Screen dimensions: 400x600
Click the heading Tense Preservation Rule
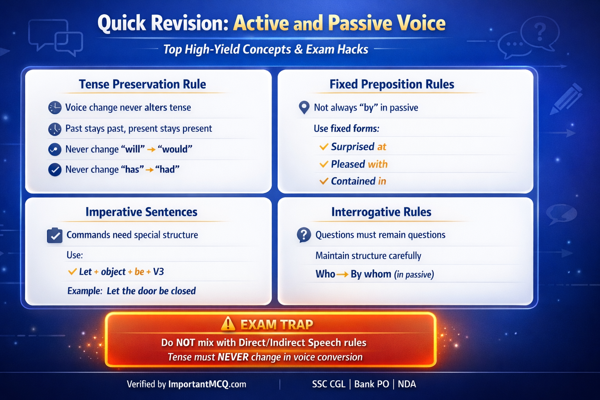pos(142,84)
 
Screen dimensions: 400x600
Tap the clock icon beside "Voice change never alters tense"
pos(55,107)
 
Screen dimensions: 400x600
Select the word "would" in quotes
pos(175,149)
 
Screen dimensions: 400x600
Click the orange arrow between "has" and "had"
pos(149,170)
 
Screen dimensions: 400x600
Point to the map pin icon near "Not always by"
pos(304,107)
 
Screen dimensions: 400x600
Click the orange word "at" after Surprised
pos(382,147)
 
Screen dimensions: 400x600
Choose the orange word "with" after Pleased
pos(378,164)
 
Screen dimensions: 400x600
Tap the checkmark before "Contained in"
pos(323,181)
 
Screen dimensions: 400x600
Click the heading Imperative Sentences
pos(141,212)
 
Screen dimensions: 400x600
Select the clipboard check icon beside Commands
pos(55,236)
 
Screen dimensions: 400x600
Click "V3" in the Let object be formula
pos(158,272)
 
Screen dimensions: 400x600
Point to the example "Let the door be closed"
pos(151,291)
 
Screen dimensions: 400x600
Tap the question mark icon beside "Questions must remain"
pos(304,235)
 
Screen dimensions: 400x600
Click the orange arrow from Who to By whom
pos(342,275)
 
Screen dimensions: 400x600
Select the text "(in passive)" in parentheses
pos(414,275)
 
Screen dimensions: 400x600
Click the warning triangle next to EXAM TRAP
pos(228,324)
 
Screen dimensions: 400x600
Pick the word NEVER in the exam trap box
pos(233,357)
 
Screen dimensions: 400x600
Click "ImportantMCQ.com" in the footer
pos(207,384)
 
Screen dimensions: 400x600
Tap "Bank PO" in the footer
pos(371,384)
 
